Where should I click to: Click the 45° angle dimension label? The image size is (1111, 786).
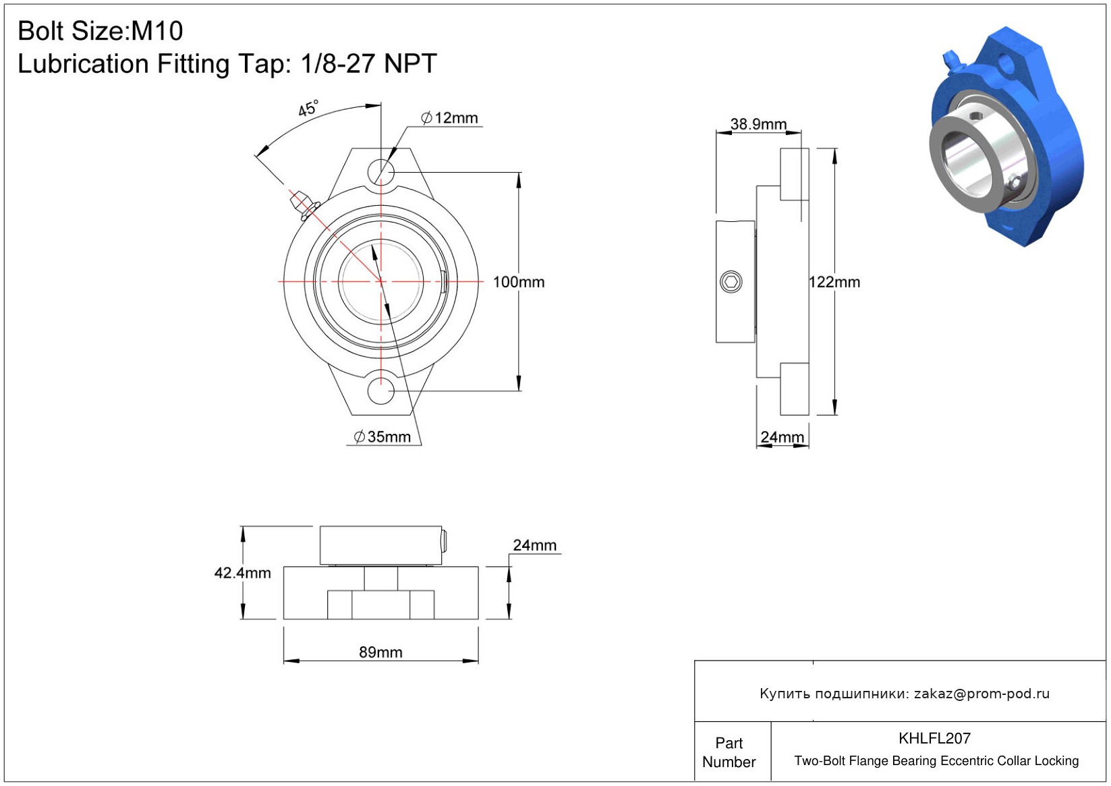click(308, 108)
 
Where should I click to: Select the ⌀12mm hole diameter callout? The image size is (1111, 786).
click(449, 118)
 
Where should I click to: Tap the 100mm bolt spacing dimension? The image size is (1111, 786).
click(519, 282)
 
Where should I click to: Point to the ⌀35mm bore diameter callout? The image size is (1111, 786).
click(382, 437)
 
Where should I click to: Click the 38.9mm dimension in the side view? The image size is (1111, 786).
click(758, 123)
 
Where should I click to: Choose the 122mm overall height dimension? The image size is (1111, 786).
click(834, 282)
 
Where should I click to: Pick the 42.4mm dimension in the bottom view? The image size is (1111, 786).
click(243, 573)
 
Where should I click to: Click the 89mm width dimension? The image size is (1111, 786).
click(380, 652)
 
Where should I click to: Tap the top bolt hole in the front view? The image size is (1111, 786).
click(381, 172)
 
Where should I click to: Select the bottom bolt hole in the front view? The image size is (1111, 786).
click(381, 391)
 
